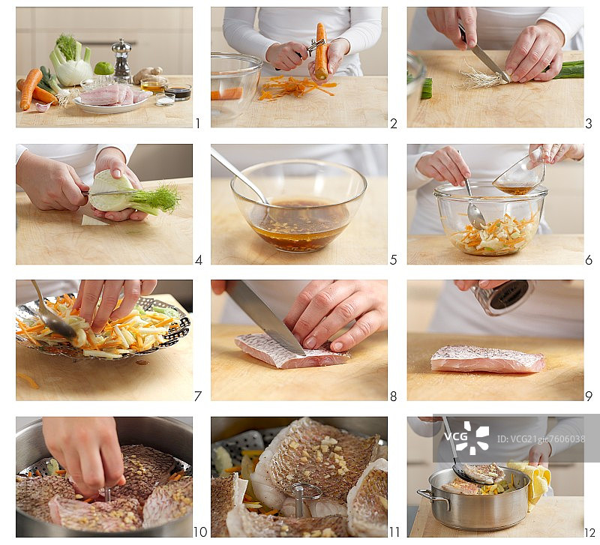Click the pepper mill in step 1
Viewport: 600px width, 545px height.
(x=121, y=61)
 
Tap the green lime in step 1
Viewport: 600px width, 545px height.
(x=104, y=68)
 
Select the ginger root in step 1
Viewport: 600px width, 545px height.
(x=147, y=73)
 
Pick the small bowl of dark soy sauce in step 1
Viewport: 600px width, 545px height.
(x=178, y=91)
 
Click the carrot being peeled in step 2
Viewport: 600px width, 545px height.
(x=321, y=51)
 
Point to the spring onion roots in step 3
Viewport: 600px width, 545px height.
(x=478, y=79)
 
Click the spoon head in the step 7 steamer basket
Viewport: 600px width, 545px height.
(x=59, y=324)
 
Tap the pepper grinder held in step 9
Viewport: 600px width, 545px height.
(x=502, y=296)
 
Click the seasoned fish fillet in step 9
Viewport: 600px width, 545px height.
(x=488, y=360)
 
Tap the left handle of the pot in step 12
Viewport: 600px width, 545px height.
(x=431, y=497)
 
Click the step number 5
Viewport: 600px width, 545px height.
(x=393, y=260)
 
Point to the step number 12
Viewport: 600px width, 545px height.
(x=589, y=532)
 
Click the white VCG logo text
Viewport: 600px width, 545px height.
(x=456, y=436)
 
